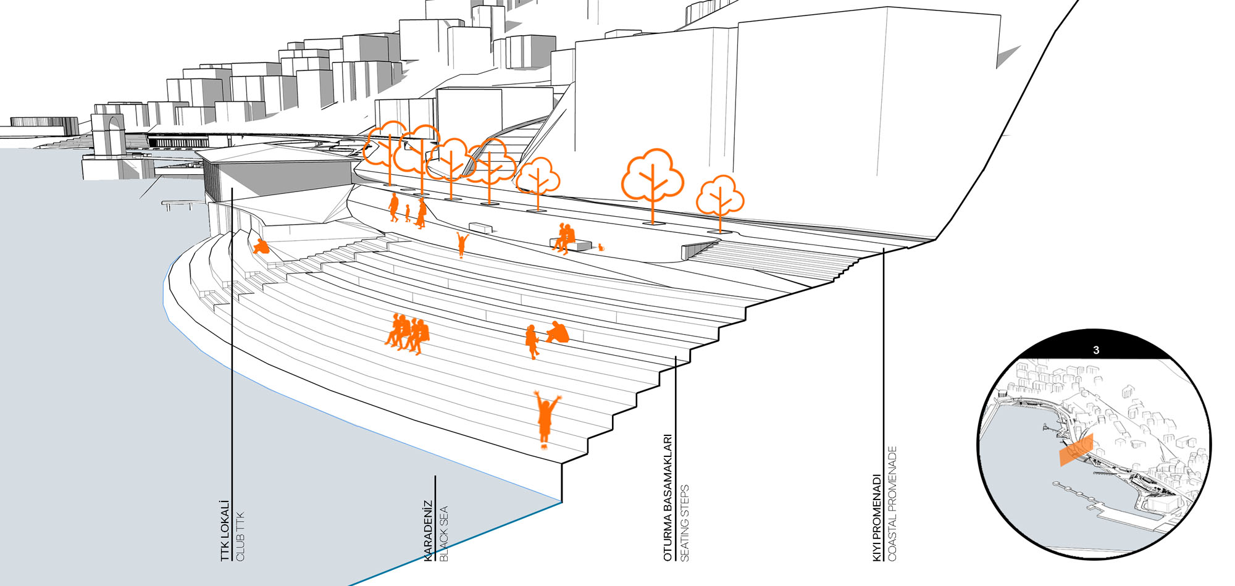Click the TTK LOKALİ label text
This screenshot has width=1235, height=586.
(225, 530)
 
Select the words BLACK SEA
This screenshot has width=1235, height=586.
(443, 534)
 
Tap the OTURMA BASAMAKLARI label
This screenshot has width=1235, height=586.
(668, 498)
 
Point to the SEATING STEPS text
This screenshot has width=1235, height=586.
(684, 523)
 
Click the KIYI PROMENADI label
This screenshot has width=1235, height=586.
(877, 517)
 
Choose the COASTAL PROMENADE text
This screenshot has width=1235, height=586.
(892, 503)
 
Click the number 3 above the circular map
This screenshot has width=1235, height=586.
(1096, 350)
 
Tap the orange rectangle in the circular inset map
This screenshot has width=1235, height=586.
(1076, 450)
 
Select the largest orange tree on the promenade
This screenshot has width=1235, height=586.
(652, 179)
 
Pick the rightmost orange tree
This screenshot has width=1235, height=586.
(719, 199)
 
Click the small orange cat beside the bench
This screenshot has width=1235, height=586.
(600, 248)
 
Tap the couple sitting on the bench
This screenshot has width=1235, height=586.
(564, 238)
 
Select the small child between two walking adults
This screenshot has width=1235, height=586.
(408, 214)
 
